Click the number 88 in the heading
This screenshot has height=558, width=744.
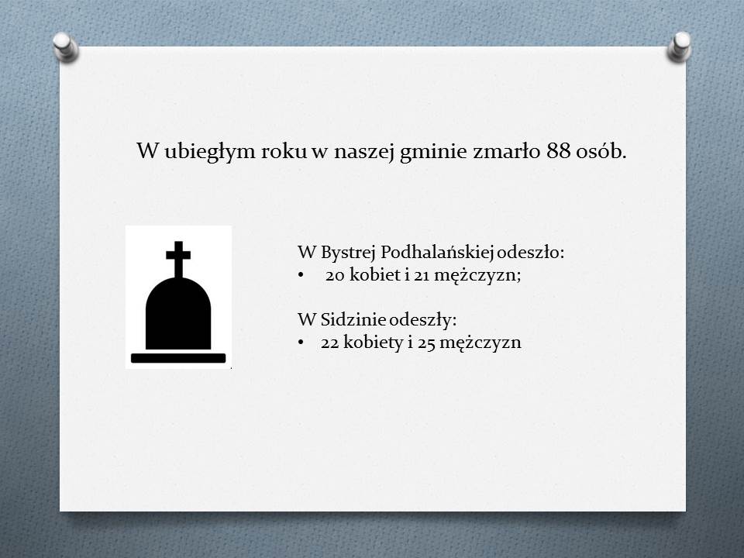coord(558,151)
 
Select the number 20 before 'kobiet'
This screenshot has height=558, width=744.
coord(335,275)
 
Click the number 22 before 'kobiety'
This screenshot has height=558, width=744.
coord(330,343)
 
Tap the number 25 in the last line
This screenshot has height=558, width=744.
coord(426,343)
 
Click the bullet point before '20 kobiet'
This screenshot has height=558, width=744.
coord(301,275)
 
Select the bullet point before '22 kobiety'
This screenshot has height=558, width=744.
coord(301,343)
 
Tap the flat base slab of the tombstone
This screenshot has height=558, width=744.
coord(178,358)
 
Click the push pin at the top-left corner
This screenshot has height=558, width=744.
coord(65,46)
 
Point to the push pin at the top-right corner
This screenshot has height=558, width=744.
coord(680,46)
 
